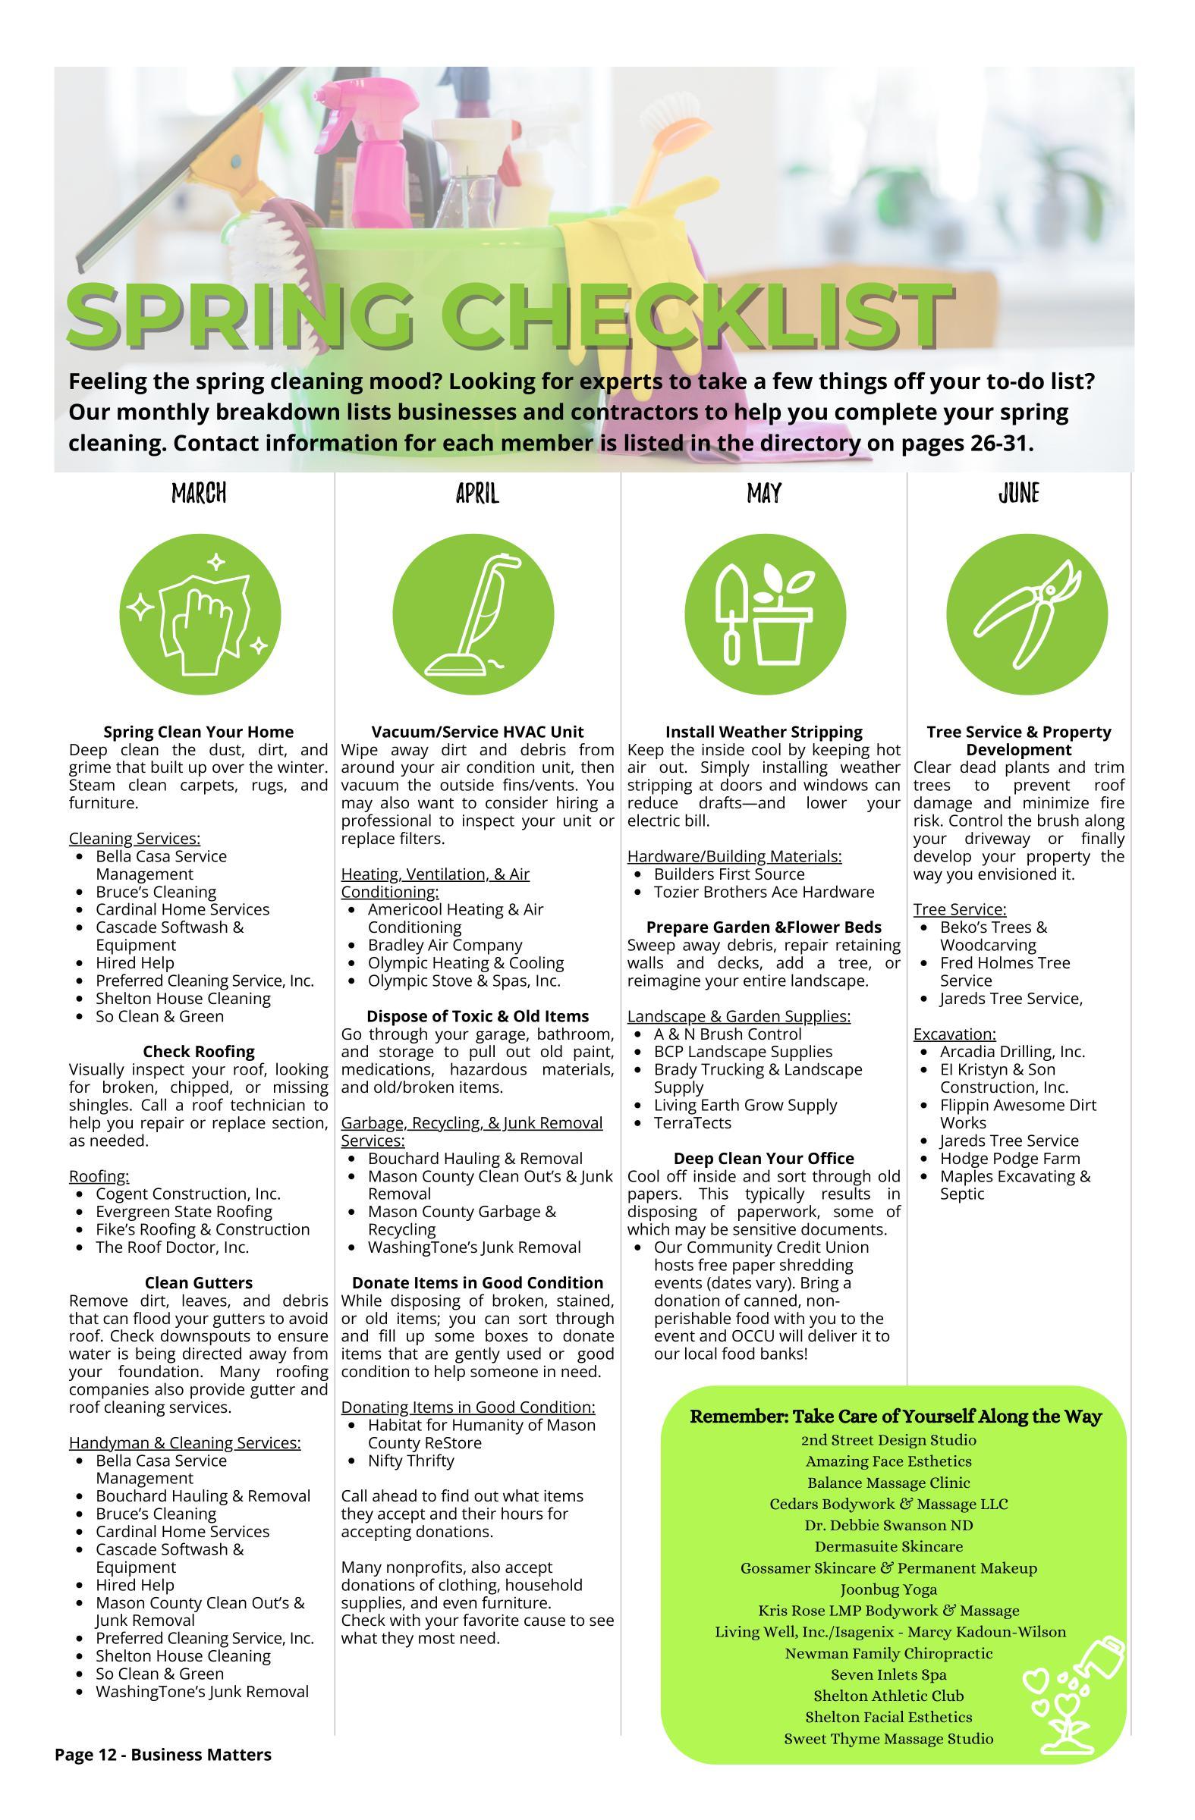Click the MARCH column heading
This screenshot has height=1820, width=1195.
pyautogui.click(x=198, y=493)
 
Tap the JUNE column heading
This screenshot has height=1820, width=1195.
pyautogui.click(x=1018, y=493)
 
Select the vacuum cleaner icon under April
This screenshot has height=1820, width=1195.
pyautogui.click(x=473, y=614)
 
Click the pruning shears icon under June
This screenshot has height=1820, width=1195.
pyautogui.click(x=1027, y=614)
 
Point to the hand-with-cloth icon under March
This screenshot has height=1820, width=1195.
pyautogui.click(x=200, y=614)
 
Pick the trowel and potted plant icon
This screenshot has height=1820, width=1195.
pyautogui.click(x=764, y=614)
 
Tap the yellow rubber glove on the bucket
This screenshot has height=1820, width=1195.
pyautogui.click(x=612, y=245)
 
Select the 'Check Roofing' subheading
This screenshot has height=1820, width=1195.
pyautogui.click(x=198, y=1052)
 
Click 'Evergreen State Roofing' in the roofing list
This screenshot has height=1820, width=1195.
pyautogui.click(x=184, y=1211)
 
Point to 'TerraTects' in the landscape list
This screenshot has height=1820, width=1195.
pyautogui.click(x=692, y=1122)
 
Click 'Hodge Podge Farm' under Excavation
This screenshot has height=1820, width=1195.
pyautogui.click(x=1010, y=1159)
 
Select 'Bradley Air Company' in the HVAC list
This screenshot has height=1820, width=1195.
pyautogui.click(x=445, y=945)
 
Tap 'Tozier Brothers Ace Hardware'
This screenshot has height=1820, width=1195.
pyautogui.click(x=763, y=892)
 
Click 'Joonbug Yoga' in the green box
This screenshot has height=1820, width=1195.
pyautogui.click(x=888, y=1589)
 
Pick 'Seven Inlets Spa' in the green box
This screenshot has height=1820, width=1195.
pyautogui.click(x=888, y=1674)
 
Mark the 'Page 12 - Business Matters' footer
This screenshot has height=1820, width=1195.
pyautogui.click(x=163, y=1754)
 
